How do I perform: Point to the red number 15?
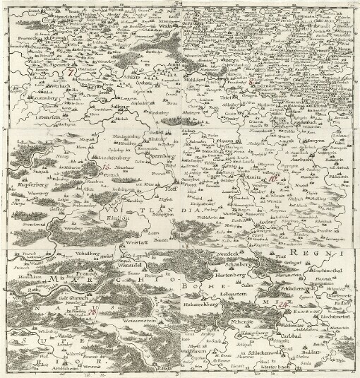pos(106,167)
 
